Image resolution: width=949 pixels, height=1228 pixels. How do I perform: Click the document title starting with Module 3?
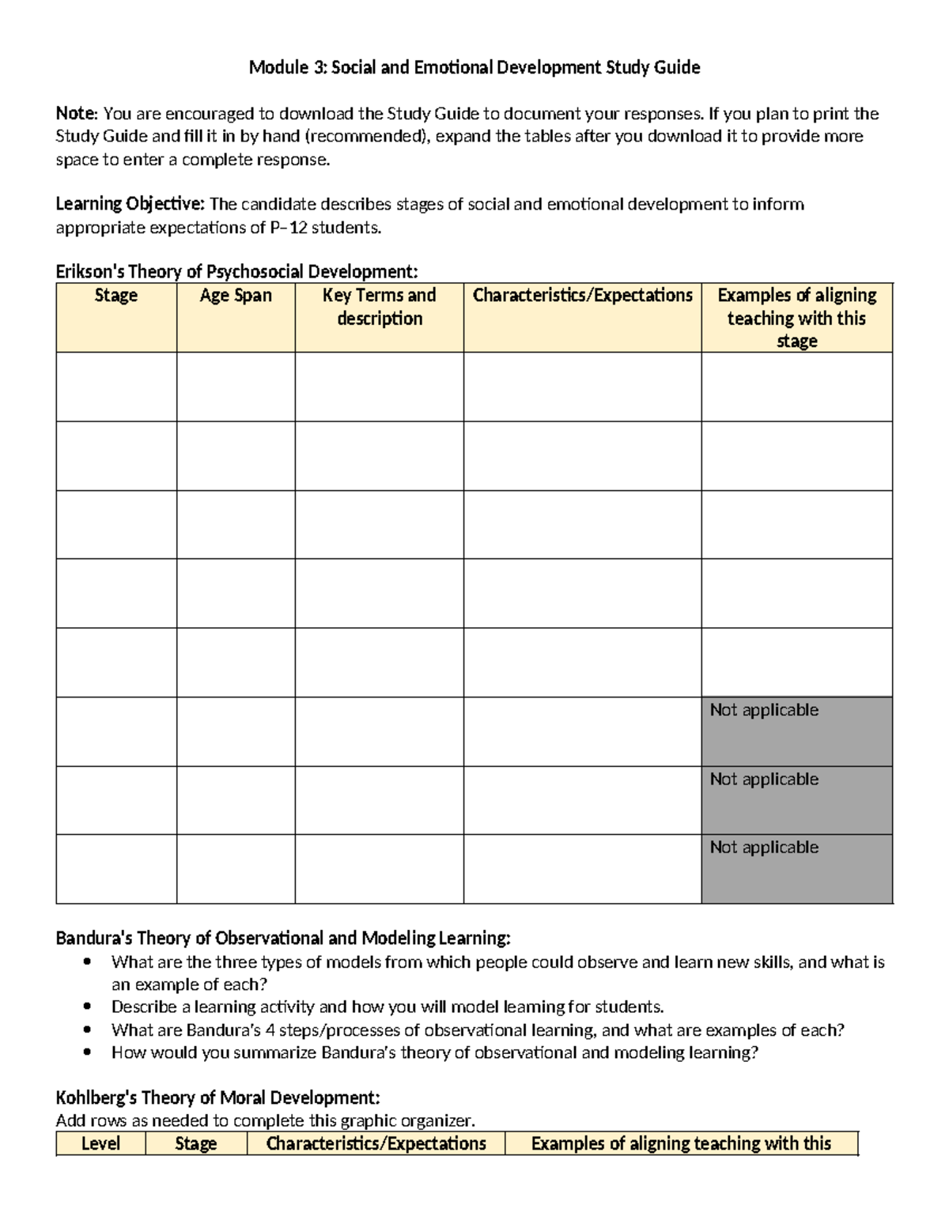click(475, 67)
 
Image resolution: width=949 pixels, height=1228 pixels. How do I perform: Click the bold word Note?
click(75, 114)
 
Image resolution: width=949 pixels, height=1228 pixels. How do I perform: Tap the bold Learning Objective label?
click(130, 204)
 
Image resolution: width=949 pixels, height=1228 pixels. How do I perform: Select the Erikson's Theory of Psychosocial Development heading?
click(236, 272)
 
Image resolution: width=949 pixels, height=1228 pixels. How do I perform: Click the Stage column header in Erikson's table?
click(116, 296)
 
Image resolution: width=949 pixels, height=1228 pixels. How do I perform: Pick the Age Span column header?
click(236, 296)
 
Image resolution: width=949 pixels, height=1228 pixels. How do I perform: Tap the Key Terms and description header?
click(380, 307)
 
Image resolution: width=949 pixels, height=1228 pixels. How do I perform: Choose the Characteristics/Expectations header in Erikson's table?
click(582, 296)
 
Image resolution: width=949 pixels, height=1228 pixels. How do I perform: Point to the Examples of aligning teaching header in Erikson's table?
click(796, 318)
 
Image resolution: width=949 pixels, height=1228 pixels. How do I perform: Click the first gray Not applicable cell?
click(796, 731)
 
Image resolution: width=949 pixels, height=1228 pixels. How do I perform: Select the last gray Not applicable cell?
click(796, 868)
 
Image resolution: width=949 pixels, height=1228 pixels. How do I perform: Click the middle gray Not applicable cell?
click(796, 799)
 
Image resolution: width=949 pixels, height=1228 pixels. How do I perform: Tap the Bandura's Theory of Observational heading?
click(283, 939)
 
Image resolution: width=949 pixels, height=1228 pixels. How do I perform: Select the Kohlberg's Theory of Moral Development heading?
click(217, 1098)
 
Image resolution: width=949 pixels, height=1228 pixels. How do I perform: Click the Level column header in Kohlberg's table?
click(100, 1143)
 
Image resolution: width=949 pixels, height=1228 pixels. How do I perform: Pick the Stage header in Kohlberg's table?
click(195, 1143)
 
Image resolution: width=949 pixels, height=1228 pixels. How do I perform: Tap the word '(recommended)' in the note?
click(366, 136)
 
